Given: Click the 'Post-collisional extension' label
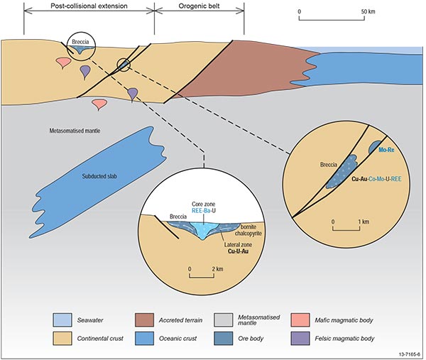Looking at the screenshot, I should pos(88,6).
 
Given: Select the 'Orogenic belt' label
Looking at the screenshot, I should pos(200,6).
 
